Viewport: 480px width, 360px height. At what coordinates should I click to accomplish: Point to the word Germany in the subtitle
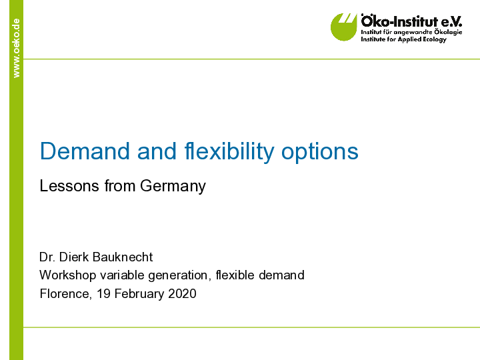click(x=173, y=186)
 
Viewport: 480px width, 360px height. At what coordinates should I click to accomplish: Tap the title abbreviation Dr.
click(x=47, y=257)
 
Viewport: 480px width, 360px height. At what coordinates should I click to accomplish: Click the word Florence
click(x=64, y=293)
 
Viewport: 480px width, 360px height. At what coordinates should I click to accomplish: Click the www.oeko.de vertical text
click(x=16, y=47)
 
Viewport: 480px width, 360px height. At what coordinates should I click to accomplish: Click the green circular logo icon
click(x=344, y=27)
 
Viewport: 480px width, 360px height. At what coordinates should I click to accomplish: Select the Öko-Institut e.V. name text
click(x=411, y=21)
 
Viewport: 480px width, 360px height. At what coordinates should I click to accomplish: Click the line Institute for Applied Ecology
click(x=403, y=39)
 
